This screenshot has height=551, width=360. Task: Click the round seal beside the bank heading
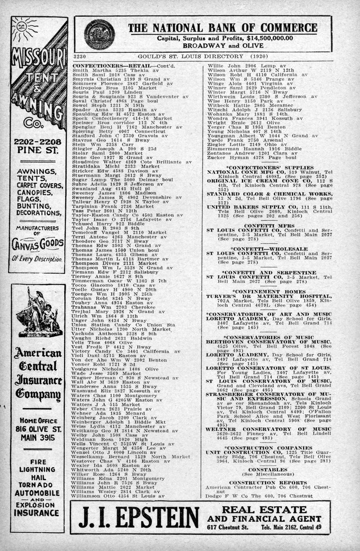click(100, 34)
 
